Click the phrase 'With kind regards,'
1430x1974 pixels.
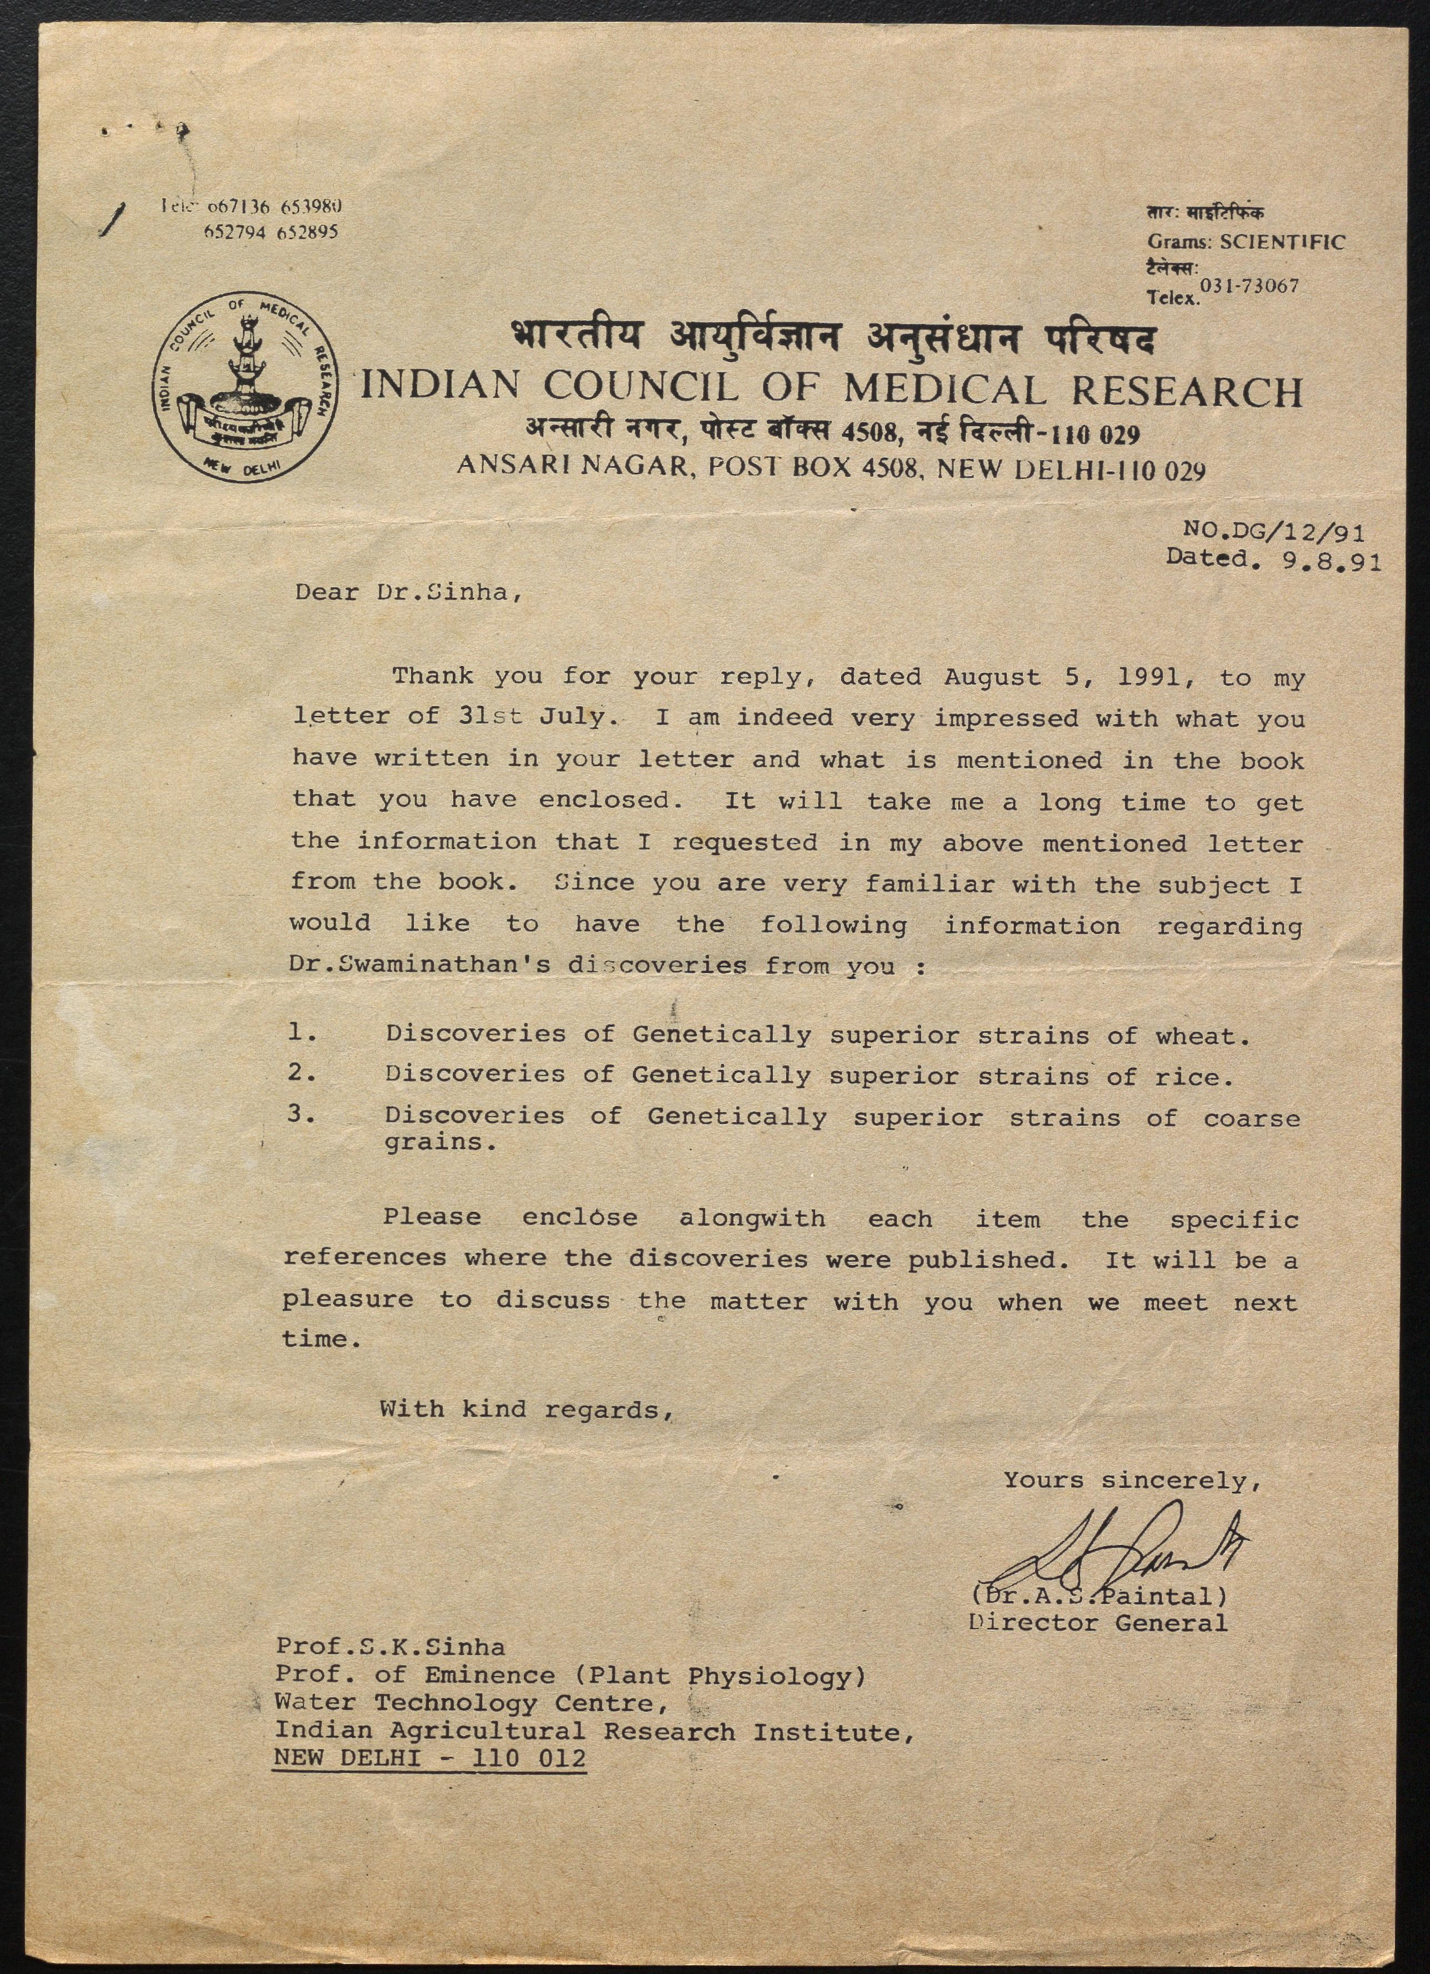point(527,1409)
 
